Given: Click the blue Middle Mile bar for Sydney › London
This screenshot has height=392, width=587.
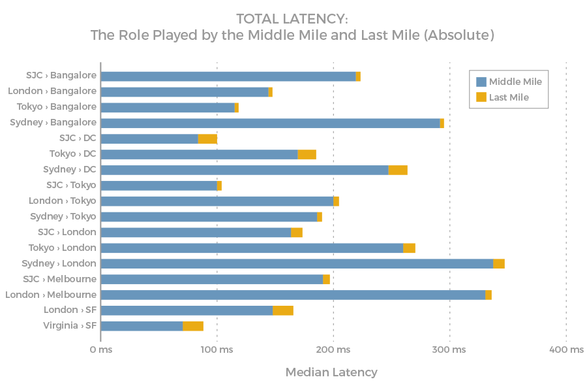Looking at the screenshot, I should [x=297, y=263].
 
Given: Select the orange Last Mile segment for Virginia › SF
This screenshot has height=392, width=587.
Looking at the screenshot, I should [x=193, y=326].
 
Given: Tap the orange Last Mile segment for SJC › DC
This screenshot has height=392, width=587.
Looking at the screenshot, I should [x=207, y=139].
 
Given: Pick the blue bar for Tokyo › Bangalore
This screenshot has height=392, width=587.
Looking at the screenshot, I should [x=168, y=108].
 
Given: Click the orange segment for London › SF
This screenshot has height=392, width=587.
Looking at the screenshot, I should [x=283, y=310].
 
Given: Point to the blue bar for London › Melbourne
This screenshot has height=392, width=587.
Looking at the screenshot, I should [x=293, y=295].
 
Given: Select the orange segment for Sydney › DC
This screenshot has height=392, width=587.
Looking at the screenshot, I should [x=398, y=170].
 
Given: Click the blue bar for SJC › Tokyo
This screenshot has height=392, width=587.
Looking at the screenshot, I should [x=159, y=186].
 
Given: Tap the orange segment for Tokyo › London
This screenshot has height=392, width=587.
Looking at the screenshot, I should [x=409, y=248].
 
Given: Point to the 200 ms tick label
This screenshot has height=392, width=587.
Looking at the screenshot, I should [x=333, y=350].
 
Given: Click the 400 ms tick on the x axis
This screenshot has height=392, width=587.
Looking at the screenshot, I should [x=565, y=350].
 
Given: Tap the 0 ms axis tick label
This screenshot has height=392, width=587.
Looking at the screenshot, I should [x=100, y=350].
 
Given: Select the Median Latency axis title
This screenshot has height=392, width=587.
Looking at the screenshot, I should [x=331, y=372].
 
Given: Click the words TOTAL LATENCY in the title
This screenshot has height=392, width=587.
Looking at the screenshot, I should [x=292, y=19].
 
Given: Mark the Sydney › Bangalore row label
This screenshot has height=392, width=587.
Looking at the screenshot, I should [x=53, y=122].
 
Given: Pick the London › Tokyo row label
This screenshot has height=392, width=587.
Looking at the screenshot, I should [x=62, y=201].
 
